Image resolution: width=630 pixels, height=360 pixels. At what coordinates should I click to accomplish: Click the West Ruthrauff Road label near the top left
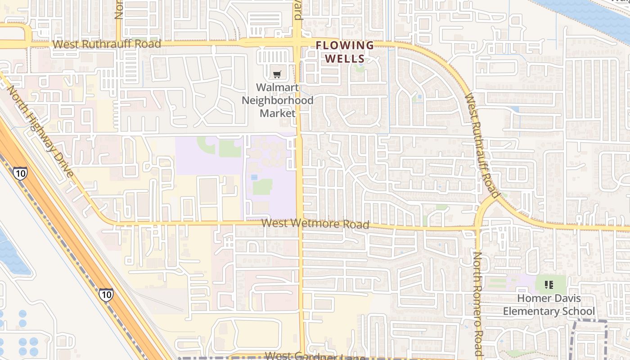tap(107, 44)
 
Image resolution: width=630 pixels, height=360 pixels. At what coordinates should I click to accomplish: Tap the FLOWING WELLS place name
tap(345, 52)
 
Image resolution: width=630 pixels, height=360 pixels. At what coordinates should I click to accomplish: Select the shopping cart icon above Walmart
tap(277, 74)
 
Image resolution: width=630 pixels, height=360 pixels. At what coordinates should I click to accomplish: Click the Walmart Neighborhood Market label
tap(277, 100)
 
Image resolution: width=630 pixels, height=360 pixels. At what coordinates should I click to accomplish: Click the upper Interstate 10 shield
tap(20, 173)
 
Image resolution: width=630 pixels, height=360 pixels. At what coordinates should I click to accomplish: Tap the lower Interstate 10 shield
tap(106, 295)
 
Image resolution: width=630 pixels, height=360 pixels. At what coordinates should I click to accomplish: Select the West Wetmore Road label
tap(315, 224)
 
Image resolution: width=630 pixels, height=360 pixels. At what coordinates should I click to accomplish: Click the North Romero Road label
tap(478, 304)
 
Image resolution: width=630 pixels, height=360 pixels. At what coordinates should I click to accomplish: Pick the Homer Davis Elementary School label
tap(549, 305)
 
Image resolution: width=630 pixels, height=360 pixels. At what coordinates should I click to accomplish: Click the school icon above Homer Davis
tap(549, 284)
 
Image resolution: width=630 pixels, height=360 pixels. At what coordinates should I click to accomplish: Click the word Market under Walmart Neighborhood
tap(277, 113)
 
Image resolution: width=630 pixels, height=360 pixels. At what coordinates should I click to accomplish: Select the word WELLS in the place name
tap(345, 58)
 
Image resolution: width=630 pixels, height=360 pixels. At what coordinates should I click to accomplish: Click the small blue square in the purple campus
tap(254, 178)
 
